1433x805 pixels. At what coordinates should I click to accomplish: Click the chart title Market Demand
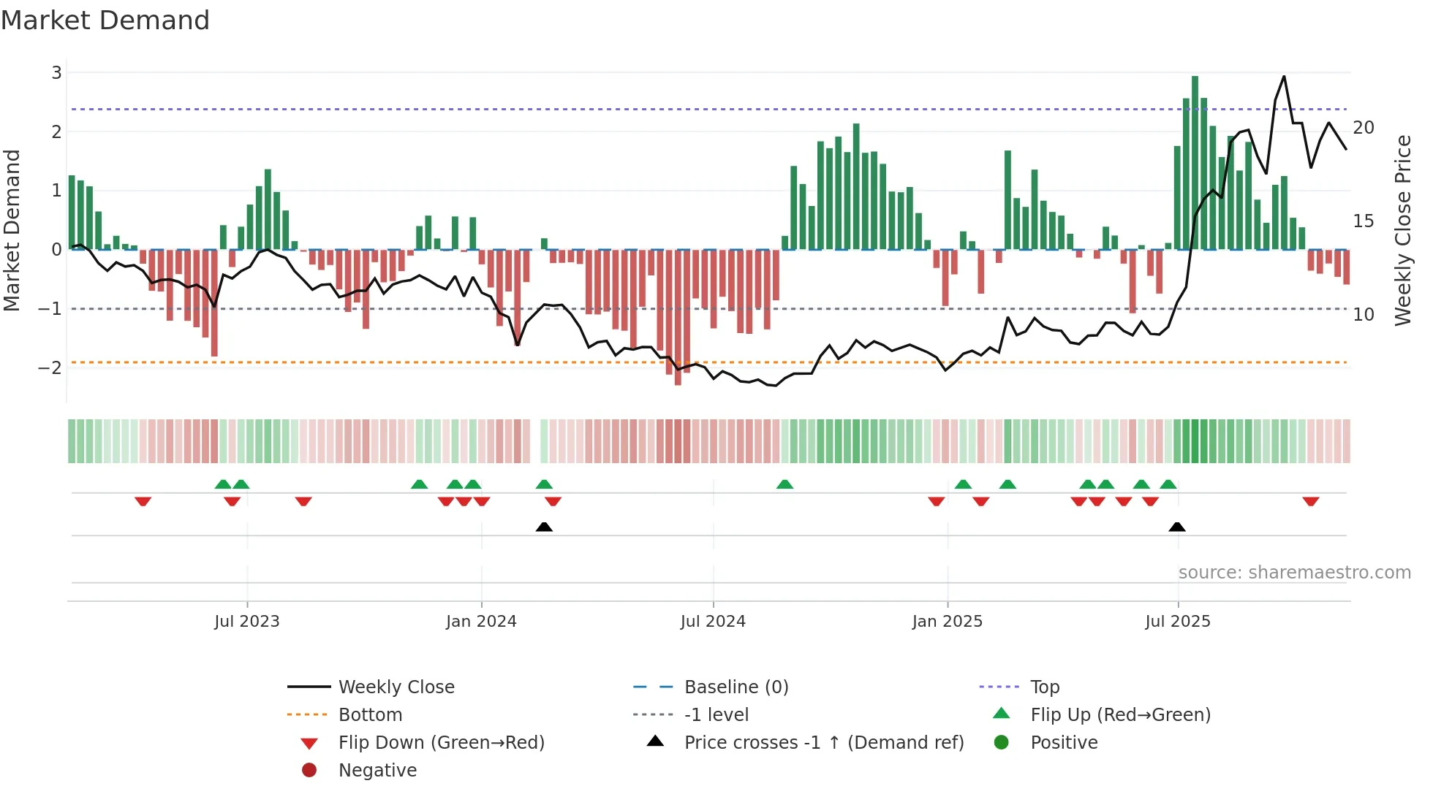[105, 20]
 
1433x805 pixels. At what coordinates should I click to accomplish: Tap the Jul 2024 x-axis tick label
[713, 622]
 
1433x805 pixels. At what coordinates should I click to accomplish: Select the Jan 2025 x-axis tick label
[948, 622]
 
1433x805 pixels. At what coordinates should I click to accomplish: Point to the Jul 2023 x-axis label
[247, 622]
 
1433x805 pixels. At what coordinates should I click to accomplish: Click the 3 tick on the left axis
[56, 73]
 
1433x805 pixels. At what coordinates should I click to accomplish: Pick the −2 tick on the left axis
[50, 368]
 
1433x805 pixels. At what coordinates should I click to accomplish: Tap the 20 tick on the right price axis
[1364, 128]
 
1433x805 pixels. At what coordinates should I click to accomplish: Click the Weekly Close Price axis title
[1402, 230]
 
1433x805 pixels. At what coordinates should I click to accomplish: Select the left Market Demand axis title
[12, 230]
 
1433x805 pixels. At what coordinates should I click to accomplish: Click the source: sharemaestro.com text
[1294, 573]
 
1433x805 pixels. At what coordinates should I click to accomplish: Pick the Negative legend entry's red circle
[309, 771]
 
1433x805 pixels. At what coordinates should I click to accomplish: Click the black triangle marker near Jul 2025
[1177, 527]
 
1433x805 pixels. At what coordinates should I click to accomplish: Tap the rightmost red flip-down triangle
[1310, 501]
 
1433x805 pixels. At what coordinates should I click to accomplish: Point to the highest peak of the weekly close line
[1284, 77]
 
